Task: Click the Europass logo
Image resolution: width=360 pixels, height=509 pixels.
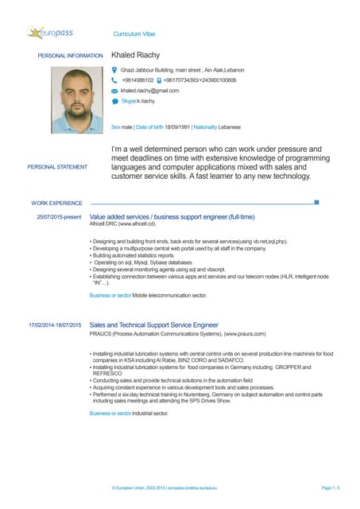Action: [52, 33]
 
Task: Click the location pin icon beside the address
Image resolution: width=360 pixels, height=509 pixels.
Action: [115, 70]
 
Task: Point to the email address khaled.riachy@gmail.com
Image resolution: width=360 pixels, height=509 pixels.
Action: [156, 91]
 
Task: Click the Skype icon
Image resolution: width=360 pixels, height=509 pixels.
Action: [115, 102]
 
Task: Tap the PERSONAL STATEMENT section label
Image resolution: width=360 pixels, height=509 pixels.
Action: [57, 167]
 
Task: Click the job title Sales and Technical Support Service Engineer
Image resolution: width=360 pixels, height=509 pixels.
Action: [153, 325]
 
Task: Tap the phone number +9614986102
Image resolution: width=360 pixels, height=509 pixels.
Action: [137, 80]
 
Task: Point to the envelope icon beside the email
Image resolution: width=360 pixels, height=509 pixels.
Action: [115, 91]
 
